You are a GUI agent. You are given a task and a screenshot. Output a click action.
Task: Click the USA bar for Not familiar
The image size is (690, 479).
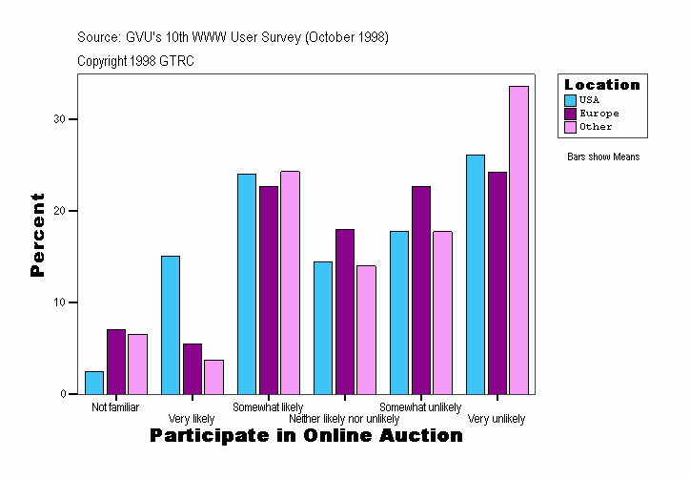pyautogui.click(x=94, y=383)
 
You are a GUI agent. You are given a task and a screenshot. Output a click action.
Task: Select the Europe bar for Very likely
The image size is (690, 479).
pyautogui.click(x=193, y=368)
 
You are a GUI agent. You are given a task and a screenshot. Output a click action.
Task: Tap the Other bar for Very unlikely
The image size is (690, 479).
pyautogui.click(x=518, y=239)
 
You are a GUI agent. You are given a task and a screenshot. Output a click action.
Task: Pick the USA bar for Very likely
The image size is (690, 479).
pyautogui.click(x=171, y=324)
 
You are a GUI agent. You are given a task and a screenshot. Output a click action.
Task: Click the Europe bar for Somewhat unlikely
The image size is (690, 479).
pyautogui.click(x=421, y=290)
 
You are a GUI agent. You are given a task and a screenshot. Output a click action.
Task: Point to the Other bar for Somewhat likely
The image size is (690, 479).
pyautogui.click(x=290, y=282)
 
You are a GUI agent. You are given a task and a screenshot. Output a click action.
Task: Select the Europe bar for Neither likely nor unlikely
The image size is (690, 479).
pyautogui.click(x=345, y=311)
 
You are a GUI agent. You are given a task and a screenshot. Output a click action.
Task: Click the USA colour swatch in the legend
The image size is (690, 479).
pyautogui.click(x=570, y=100)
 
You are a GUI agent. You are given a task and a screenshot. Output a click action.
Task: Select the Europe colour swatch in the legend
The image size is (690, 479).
pyautogui.click(x=570, y=114)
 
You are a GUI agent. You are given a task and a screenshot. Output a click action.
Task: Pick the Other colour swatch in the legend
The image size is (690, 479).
pyautogui.click(x=570, y=127)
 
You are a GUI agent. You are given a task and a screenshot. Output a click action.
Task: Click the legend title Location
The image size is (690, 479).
pyautogui.click(x=602, y=85)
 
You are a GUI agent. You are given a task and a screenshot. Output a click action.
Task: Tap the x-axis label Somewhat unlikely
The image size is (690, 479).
pyautogui.click(x=420, y=407)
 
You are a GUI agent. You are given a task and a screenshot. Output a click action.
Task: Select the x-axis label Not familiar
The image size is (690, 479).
pyautogui.click(x=115, y=407)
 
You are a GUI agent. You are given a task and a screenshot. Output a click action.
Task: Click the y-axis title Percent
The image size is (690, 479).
pyautogui.click(x=38, y=235)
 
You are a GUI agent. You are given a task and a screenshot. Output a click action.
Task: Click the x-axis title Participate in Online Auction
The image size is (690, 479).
pyautogui.click(x=306, y=436)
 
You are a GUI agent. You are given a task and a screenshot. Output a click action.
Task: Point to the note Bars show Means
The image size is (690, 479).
pyautogui.click(x=603, y=157)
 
